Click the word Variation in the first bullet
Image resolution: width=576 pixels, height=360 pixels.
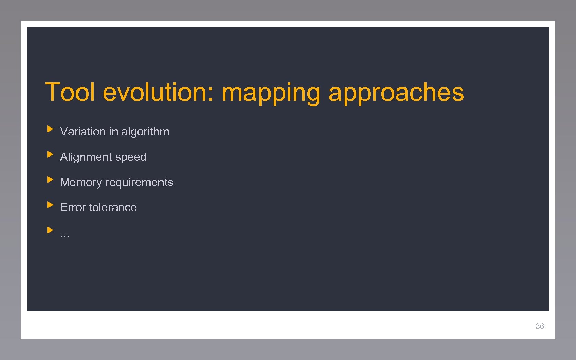pos(83,132)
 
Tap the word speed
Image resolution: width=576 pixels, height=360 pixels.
pos(131,157)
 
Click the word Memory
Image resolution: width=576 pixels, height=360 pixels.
pos(81,183)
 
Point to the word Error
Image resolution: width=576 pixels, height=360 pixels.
pos(73,207)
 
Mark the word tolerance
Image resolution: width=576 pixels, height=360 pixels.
pos(113,207)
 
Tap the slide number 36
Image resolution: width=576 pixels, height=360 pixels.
pos(540,326)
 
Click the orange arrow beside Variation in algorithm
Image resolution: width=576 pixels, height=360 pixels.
pos(50,129)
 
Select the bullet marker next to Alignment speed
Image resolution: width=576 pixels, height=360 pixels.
pos(50,155)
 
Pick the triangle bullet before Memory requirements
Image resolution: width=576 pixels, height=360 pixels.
pos(50,180)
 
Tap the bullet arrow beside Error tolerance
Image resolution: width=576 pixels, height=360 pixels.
pos(50,205)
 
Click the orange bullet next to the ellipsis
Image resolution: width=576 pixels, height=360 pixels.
pos(50,230)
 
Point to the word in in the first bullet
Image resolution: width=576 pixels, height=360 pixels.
pos(113,132)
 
